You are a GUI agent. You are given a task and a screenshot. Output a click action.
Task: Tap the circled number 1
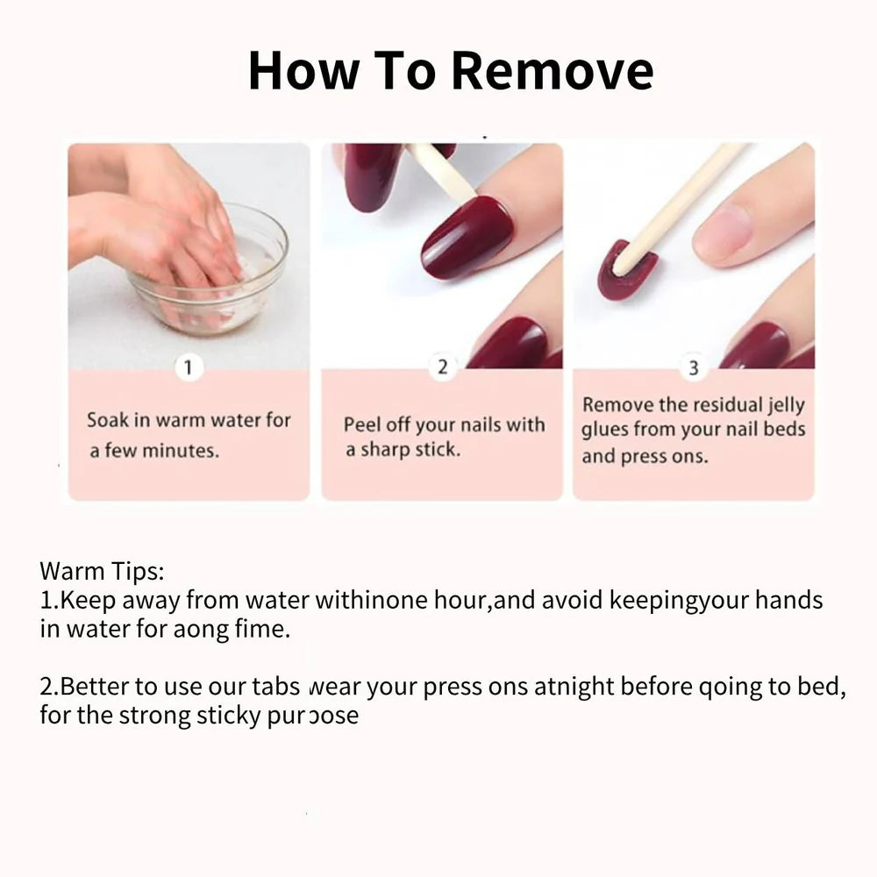(x=188, y=367)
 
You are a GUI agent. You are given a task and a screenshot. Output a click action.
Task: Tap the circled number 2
(x=442, y=367)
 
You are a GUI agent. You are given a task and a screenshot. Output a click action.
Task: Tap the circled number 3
(x=694, y=368)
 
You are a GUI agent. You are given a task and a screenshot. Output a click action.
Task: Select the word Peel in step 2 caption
(x=362, y=425)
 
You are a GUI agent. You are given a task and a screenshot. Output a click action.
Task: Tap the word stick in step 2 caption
(x=438, y=451)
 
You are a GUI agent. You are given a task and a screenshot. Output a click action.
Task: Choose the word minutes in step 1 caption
(x=182, y=452)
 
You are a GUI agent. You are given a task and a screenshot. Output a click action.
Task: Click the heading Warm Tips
(x=102, y=572)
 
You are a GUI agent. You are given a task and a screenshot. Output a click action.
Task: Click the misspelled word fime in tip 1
(x=264, y=630)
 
